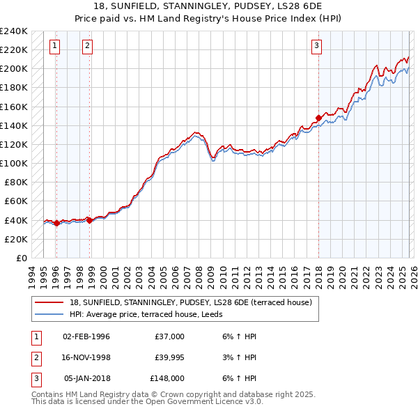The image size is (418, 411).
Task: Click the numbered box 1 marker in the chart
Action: coord(55,47)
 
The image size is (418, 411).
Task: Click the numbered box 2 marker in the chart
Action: coord(87,47)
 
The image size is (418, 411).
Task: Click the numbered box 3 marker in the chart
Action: coord(316,47)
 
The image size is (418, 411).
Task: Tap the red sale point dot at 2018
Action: coord(318,118)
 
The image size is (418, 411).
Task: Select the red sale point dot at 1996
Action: coord(56,224)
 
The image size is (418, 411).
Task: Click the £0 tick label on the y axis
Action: coord(21,258)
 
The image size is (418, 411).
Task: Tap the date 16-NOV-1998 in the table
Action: coord(86,357)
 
